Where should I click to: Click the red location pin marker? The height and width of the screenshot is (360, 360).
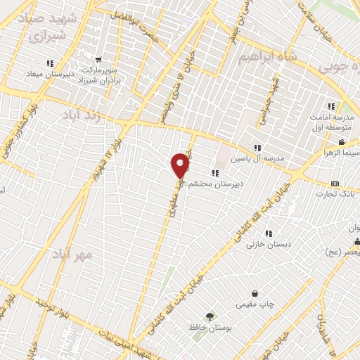point(181,165)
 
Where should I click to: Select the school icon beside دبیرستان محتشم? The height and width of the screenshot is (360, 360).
point(214,173)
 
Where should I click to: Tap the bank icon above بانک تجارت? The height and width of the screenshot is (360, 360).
point(335,184)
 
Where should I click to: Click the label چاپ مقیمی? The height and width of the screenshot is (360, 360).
point(252,304)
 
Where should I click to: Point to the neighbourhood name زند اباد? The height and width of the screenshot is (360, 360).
point(84,115)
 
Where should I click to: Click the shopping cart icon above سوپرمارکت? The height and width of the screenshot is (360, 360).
point(98,59)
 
